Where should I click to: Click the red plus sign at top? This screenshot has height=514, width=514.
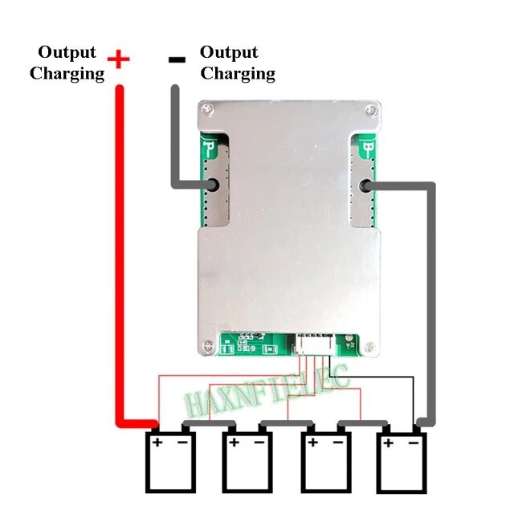coord(118,59)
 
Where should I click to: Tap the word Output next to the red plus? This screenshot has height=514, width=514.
coord(67,52)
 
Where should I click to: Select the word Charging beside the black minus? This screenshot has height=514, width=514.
coord(238,74)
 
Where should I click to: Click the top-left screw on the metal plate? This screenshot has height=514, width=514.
coord(207,108)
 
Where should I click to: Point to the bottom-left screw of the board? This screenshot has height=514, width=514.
coord(208,347)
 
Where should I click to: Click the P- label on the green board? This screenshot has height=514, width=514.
coord(210,149)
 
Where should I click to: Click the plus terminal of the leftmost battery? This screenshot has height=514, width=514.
coord(157,441)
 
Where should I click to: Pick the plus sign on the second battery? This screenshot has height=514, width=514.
coord(234,441)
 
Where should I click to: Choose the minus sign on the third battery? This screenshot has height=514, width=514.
coord(340,441)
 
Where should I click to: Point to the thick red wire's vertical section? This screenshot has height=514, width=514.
coord(118,241)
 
